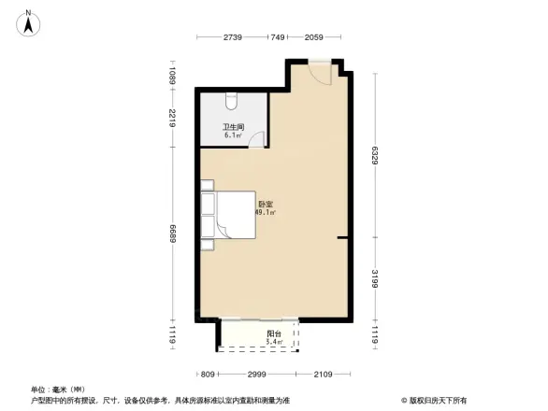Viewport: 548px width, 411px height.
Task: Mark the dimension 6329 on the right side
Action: pos(375,153)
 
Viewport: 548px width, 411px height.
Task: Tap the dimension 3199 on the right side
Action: pos(375,278)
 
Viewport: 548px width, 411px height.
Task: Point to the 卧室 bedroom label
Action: pos(266,204)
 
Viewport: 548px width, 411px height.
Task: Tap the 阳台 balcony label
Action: pos(274,333)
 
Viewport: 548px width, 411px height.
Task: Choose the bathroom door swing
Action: pos(259,140)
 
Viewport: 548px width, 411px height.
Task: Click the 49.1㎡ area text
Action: pos(264,212)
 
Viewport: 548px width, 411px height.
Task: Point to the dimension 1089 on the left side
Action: pos(173,75)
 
